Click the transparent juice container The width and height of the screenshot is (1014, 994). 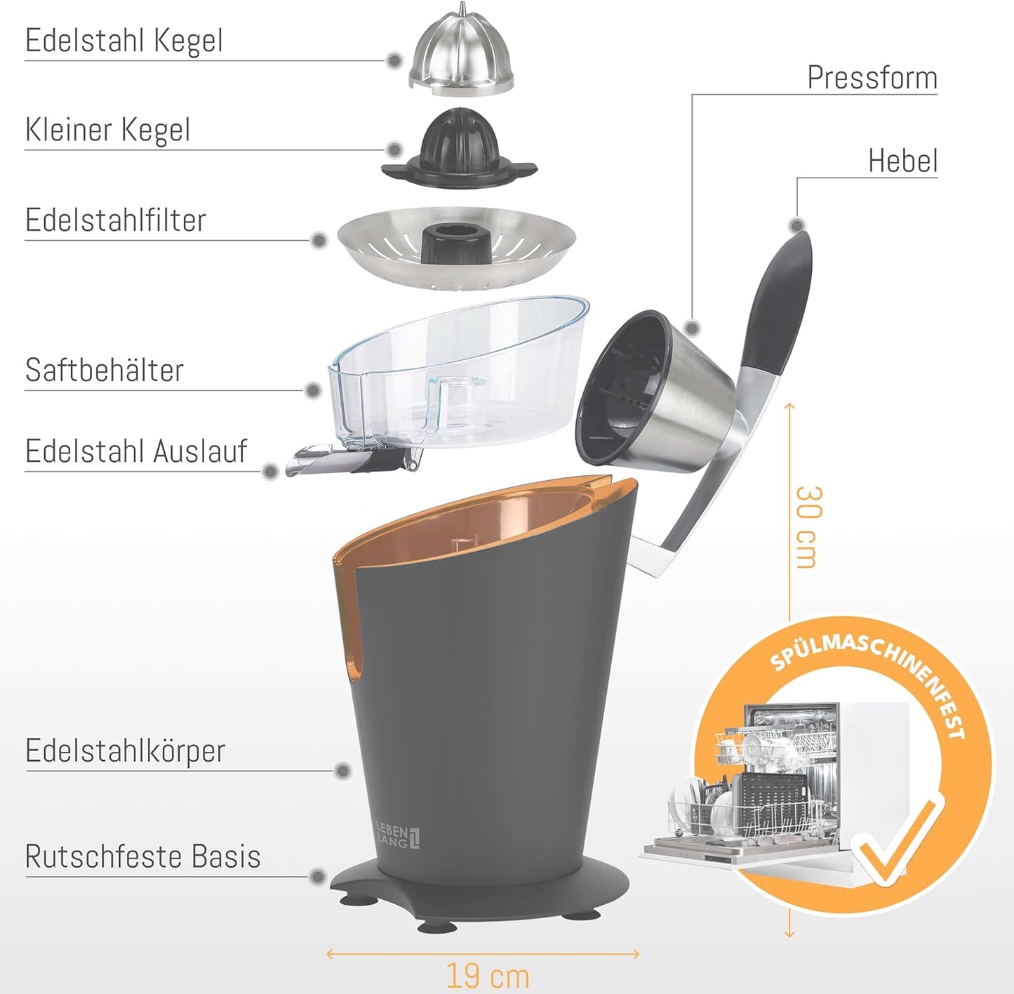pos(457,376)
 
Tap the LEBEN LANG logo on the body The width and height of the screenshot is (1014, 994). pos(399,836)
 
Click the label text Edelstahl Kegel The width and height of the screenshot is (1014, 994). pos(124,41)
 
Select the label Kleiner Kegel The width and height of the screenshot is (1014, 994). pos(107,131)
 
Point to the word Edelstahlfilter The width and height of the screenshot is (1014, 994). pos(115,220)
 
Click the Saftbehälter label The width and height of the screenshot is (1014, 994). pos(104,369)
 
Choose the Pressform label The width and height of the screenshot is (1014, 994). pos(872,78)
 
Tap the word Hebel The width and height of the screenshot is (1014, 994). pos(903,161)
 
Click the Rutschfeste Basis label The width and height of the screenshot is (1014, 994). pos(142,856)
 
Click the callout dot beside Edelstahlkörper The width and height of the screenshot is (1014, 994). pos(342,770)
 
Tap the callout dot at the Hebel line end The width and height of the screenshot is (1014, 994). pos(797,225)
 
